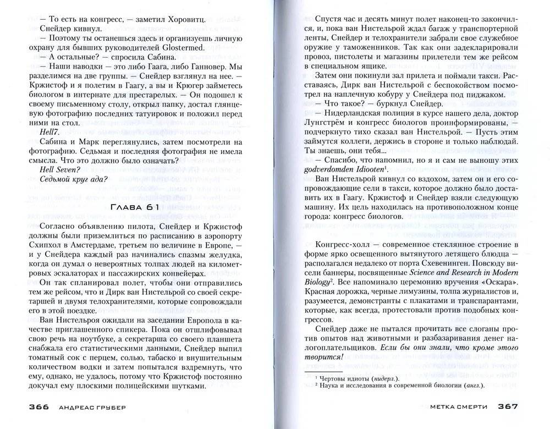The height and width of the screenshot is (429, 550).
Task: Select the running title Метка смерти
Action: coord(461,408)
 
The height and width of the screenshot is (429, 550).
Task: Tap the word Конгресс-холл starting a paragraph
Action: coord(345,244)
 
